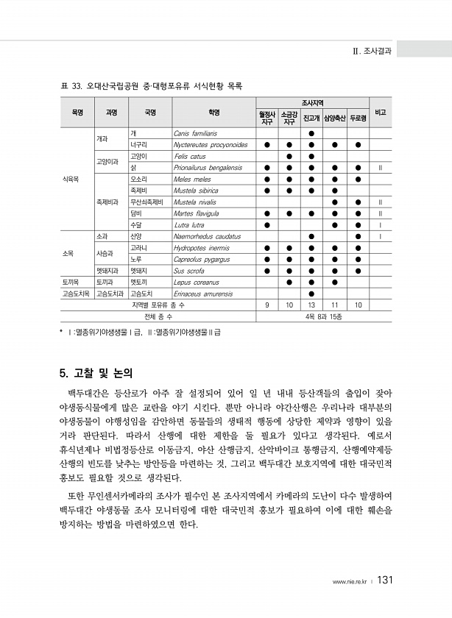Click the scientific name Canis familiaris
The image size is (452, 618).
pyautogui.click(x=195, y=134)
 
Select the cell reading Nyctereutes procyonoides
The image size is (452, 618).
pyautogui.click(x=210, y=145)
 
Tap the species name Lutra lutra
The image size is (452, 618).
pyautogui.click(x=188, y=224)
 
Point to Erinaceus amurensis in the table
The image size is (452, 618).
pyautogui.click(x=203, y=293)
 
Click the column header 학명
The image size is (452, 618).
pyautogui.click(x=214, y=112)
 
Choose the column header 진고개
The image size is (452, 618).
pyautogui.click(x=311, y=117)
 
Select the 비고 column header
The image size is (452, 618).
pyautogui.click(x=380, y=112)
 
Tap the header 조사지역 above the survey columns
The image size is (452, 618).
pyautogui.click(x=312, y=102)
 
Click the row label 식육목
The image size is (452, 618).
pyautogui.click(x=71, y=179)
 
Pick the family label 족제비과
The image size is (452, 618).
pyautogui.click(x=107, y=201)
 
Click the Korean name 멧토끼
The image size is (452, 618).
pyautogui.click(x=140, y=281)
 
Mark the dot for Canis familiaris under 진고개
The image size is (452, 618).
pyautogui.click(x=311, y=134)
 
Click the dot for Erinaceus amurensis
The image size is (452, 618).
pyautogui.click(x=311, y=293)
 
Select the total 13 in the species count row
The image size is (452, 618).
pyautogui.click(x=311, y=305)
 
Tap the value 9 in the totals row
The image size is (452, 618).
pyautogui.click(x=266, y=305)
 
